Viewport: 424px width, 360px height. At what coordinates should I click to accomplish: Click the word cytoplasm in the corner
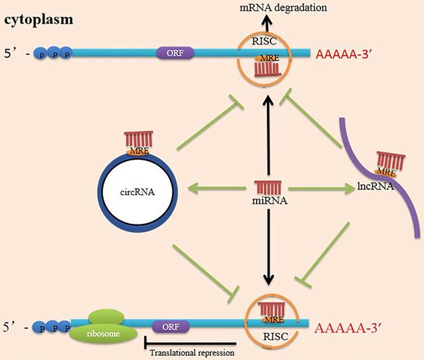39,20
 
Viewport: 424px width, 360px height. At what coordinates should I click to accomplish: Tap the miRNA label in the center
269,199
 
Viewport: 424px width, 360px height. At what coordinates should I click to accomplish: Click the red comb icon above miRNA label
269,185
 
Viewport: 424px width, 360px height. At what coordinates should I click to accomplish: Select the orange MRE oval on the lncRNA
385,172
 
